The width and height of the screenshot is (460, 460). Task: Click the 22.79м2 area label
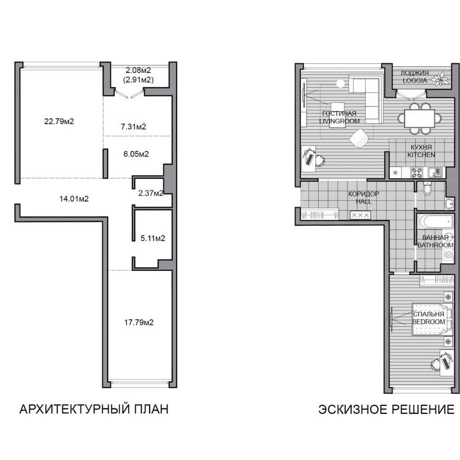coord(59,121)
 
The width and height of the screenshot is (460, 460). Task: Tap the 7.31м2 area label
coord(133,126)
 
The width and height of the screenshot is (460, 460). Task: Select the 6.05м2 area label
coord(136,154)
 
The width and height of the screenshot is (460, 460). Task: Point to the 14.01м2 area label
coord(74,198)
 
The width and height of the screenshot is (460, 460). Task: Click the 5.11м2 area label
coord(152,238)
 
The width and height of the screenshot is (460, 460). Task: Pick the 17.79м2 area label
coord(139,323)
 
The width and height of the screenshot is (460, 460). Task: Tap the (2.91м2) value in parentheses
coord(139,79)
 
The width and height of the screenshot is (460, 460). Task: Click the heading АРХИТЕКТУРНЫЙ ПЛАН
coord(94,409)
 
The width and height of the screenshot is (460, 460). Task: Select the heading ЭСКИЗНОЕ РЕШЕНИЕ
coord(386,409)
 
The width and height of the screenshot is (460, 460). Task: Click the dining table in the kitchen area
coord(419,118)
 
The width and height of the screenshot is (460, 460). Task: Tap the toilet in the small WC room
coord(427,189)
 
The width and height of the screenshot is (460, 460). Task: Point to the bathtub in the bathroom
coord(435,221)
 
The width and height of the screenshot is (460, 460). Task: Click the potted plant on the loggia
coord(440,79)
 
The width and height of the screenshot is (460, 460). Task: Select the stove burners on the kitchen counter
coord(416,172)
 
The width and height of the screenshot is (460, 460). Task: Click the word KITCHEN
coord(421,155)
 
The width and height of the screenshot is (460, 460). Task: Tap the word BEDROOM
coord(428,321)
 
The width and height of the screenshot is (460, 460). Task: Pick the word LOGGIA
coord(415,80)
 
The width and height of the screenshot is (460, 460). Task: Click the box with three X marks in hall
coord(361,215)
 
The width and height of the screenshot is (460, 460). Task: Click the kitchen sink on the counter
coord(435,172)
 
